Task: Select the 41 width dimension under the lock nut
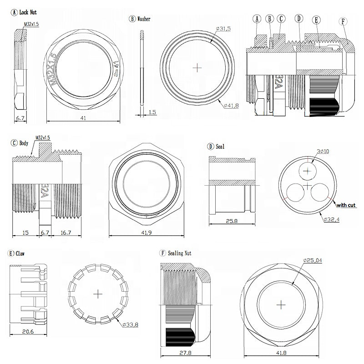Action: click(83, 117)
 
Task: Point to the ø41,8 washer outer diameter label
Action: click(232, 106)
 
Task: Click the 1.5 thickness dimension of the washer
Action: click(152, 111)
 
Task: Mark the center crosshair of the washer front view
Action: click(197, 67)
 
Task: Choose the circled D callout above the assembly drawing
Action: click(299, 19)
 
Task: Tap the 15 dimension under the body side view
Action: click(26, 233)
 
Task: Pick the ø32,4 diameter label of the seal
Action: click(332, 219)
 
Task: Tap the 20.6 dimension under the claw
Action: click(28, 332)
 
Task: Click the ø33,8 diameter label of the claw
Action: click(131, 324)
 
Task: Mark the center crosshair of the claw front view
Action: click(98, 294)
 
